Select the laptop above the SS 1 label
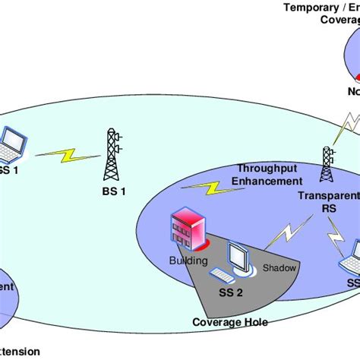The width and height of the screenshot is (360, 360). tap(13, 147)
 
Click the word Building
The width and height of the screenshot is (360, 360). tap(188, 261)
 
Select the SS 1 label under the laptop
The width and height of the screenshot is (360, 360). tap(8, 171)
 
